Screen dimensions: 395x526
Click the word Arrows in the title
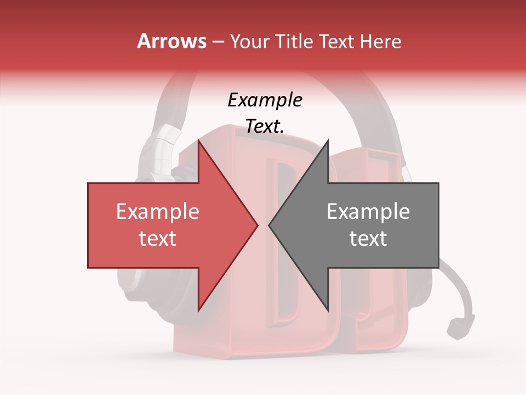[x=172, y=41]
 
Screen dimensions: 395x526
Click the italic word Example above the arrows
[x=265, y=100]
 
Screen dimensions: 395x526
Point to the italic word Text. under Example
[x=265, y=126]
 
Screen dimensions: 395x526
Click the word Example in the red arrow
[x=157, y=212]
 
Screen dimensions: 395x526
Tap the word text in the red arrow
[x=157, y=239]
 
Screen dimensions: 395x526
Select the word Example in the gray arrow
[x=368, y=212]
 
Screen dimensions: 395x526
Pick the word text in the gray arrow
[x=368, y=239]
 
